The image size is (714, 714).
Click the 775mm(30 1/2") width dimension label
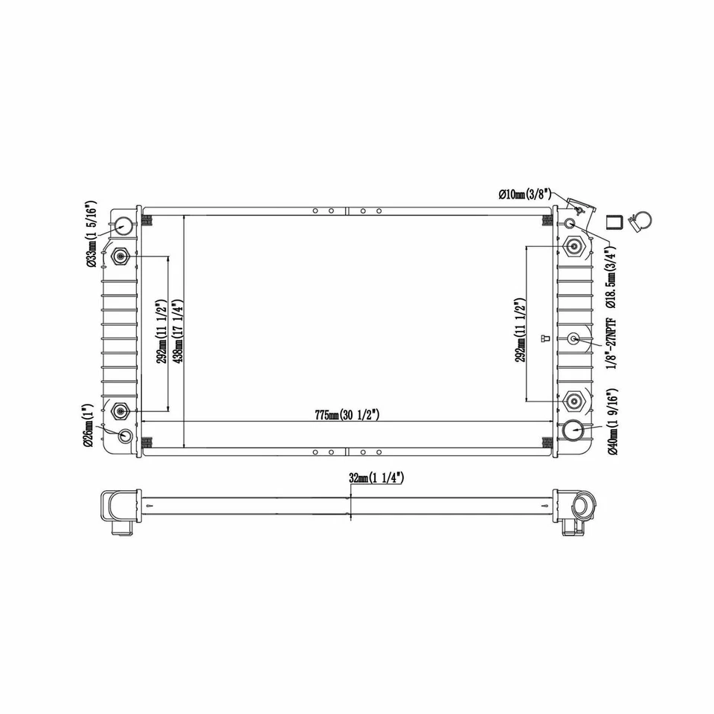[x=347, y=415]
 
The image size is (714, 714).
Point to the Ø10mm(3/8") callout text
[x=525, y=194]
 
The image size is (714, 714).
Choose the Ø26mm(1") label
[x=89, y=426]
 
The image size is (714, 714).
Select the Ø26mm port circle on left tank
[x=125, y=437]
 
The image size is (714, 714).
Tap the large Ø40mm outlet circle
[x=574, y=430]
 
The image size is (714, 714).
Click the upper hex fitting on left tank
[x=120, y=258]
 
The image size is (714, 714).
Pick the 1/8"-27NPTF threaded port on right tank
[x=573, y=339]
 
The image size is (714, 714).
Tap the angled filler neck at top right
[x=576, y=205]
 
